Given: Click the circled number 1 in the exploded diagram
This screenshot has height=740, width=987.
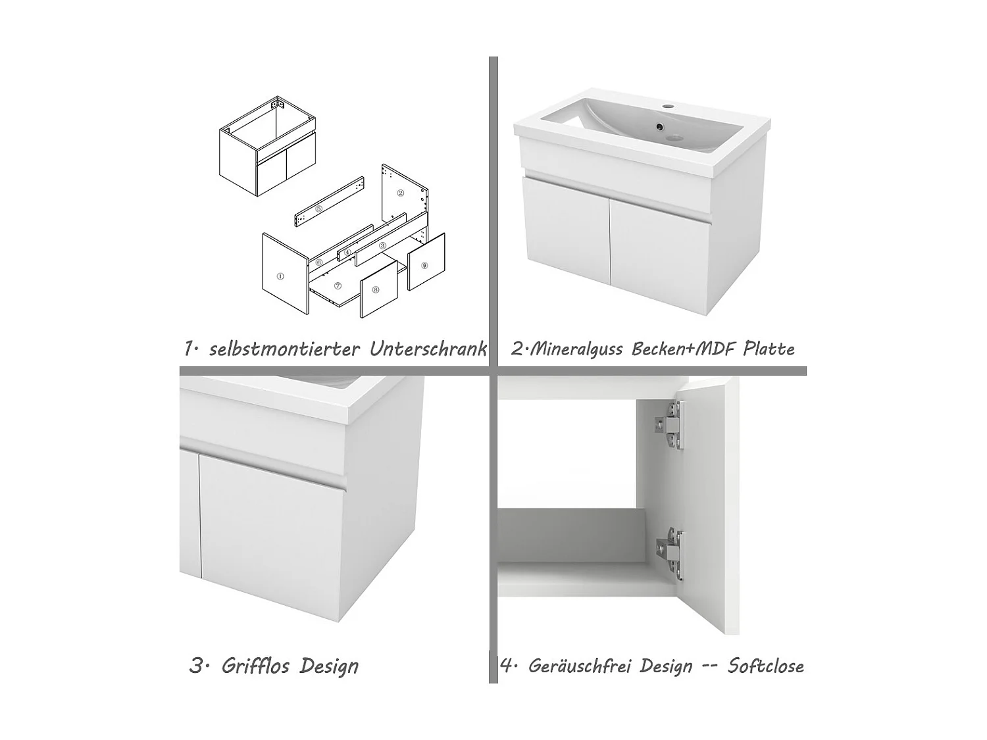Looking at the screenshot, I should (x=280, y=277).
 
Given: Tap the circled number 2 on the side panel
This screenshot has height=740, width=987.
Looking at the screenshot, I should (x=400, y=193).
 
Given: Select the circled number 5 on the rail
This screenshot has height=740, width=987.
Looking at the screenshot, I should (x=319, y=209).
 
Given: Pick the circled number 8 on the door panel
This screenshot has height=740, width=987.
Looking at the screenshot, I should (x=375, y=289).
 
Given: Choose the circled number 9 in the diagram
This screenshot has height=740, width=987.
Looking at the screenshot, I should (x=424, y=265).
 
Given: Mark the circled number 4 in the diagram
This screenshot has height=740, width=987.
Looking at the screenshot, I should (x=347, y=252).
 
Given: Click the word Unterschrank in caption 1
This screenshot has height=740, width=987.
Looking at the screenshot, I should (x=428, y=349).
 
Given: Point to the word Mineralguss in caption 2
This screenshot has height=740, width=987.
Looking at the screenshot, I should (x=576, y=349).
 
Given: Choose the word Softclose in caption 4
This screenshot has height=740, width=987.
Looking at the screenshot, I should (x=765, y=666).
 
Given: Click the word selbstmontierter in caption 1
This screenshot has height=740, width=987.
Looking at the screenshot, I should (x=284, y=349).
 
